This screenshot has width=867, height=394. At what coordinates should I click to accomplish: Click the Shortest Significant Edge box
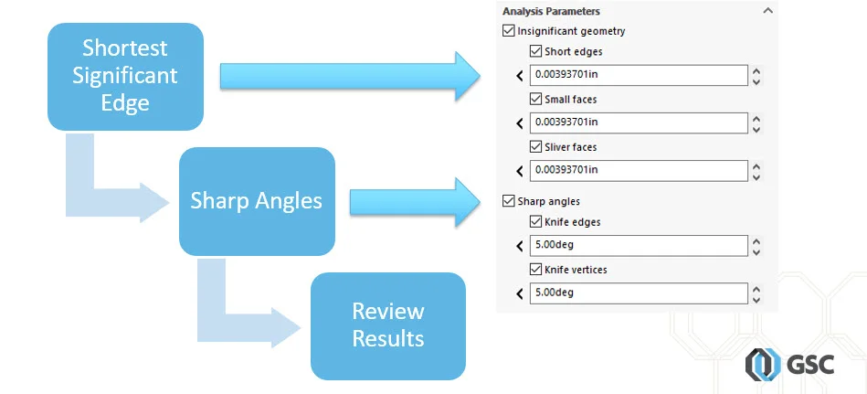[x=125, y=77]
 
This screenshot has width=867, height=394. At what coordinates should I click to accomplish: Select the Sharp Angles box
[x=257, y=201]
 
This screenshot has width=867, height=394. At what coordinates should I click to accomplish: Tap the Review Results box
[x=388, y=325]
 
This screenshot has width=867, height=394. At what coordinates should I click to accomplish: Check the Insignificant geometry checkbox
[x=509, y=31]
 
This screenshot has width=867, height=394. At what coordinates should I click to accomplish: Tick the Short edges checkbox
[x=535, y=51]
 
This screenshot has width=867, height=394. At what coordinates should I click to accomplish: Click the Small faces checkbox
[x=535, y=99]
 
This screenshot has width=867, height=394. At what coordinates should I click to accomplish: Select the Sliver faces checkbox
[x=535, y=146]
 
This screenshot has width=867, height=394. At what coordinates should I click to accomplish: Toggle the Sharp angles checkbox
[x=509, y=201]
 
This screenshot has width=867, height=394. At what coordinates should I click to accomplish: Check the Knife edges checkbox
[x=535, y=221]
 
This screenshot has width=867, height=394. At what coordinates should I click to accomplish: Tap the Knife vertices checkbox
[x=535, y=270]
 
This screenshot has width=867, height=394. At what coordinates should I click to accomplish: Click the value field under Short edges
[x=638, y=75]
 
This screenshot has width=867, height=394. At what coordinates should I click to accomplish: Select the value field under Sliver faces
[x=638, y=170]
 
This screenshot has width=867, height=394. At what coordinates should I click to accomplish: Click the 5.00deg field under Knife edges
[x=638, y=245]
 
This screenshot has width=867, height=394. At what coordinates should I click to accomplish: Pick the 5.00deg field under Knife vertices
[x=638, y=293]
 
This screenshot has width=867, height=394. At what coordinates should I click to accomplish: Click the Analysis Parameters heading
[x=551, y=11]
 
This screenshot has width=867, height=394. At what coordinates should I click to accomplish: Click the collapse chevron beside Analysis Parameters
[x=767, y=11]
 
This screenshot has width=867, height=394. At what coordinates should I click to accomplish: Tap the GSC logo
[x=781, y=365]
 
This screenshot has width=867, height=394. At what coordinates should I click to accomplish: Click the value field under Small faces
[x=638, y=122]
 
